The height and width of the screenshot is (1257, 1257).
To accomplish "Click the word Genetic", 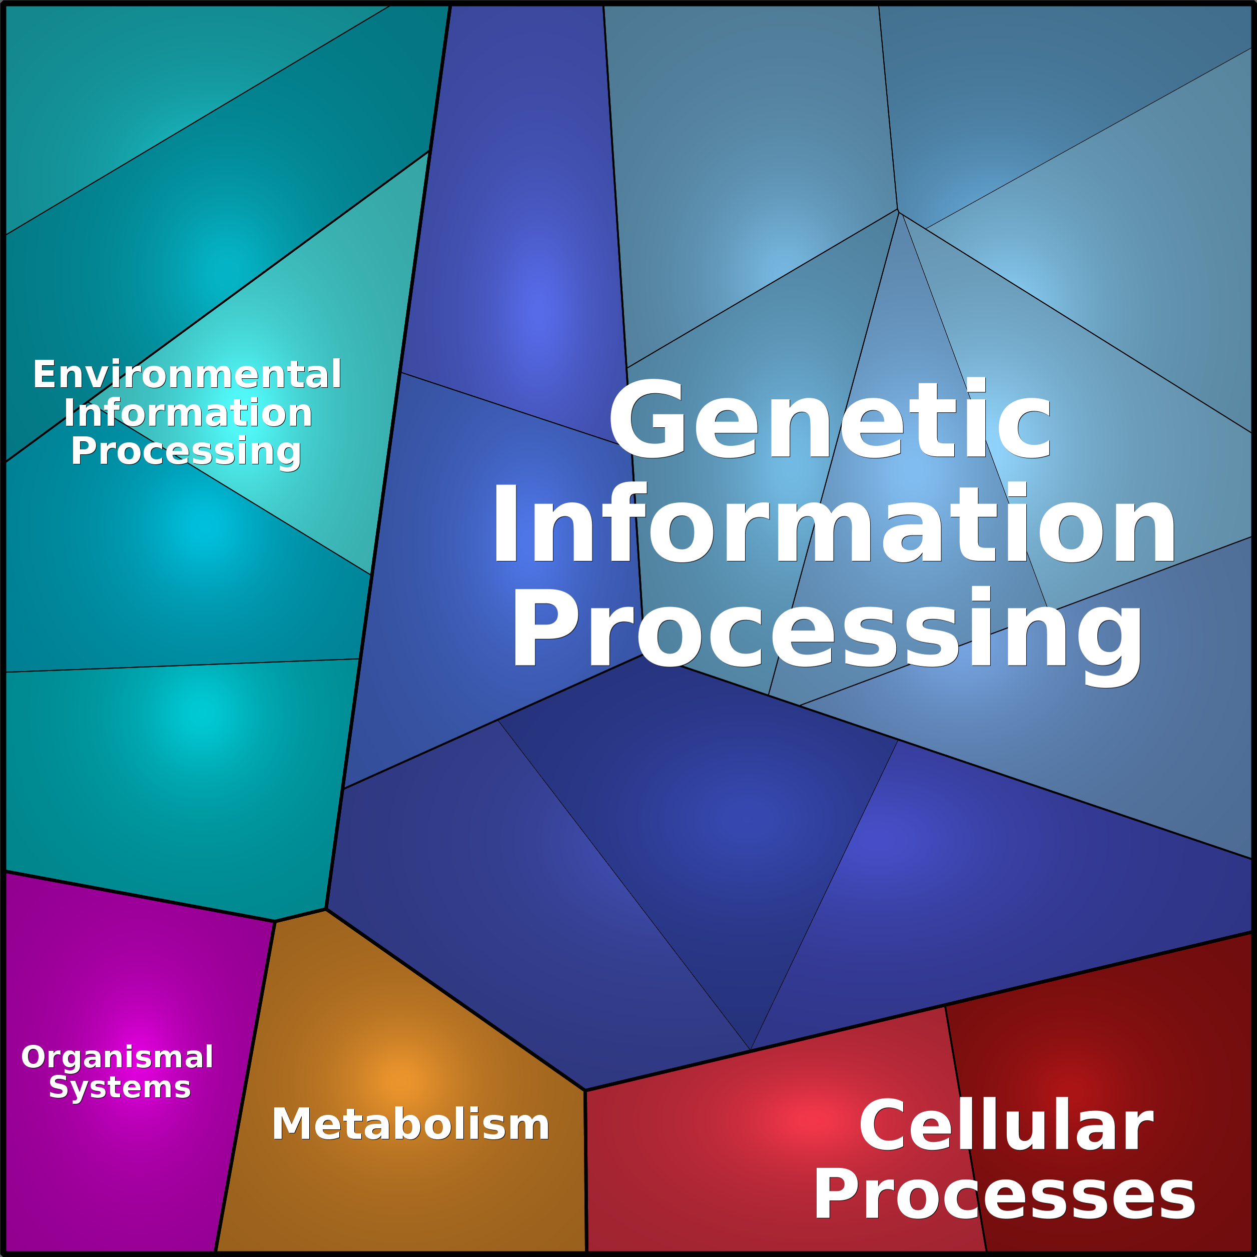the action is pos(830,418).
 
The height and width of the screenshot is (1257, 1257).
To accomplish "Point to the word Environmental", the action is pos(187,374).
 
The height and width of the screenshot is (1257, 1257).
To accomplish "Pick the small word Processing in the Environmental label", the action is pos(186,452).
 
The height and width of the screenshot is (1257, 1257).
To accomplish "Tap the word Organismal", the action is pos(117,1057).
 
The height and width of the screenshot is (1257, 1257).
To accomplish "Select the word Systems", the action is pos(120,1087).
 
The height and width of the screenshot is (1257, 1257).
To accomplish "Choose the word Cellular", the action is pos(1006,1125).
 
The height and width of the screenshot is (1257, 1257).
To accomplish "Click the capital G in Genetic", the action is pos(646,418).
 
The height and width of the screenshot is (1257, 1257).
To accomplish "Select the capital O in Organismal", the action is pos(34,1057).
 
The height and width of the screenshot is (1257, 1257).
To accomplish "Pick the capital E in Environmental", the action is pos(44,374).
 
